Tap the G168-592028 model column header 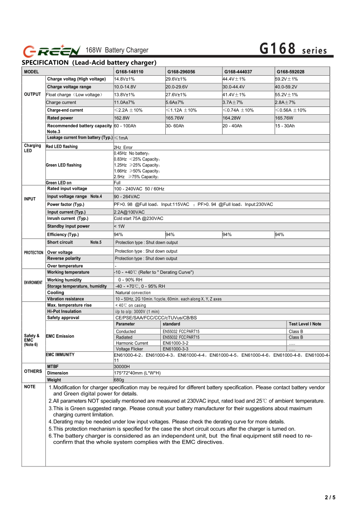pos(290,72)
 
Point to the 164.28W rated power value pos(232,118)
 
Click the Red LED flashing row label pos(62,147)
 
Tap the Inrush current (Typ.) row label pos(67,218)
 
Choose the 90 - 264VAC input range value pos(127,197)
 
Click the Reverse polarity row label pos(64,258)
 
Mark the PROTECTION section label pos(34,252)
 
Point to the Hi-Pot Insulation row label pos(64,311)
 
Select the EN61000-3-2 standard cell pos(175,343)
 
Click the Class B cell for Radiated pos(296,337)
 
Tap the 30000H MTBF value pos(122,366)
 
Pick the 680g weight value pos(119,380)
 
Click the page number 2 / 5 pos(330,498)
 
